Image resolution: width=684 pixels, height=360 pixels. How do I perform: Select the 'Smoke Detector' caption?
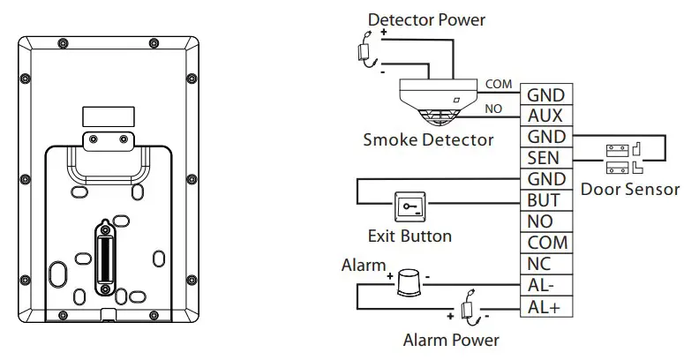(x=428, y=139)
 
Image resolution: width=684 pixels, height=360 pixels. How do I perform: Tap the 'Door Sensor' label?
(x=630, y=189)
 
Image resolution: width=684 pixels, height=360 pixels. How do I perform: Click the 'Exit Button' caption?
(x=410, y=236)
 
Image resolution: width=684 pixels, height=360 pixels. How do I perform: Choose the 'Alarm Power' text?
(x=451, y=340)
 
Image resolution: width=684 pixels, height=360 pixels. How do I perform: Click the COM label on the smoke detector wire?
(x=498, y=84)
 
